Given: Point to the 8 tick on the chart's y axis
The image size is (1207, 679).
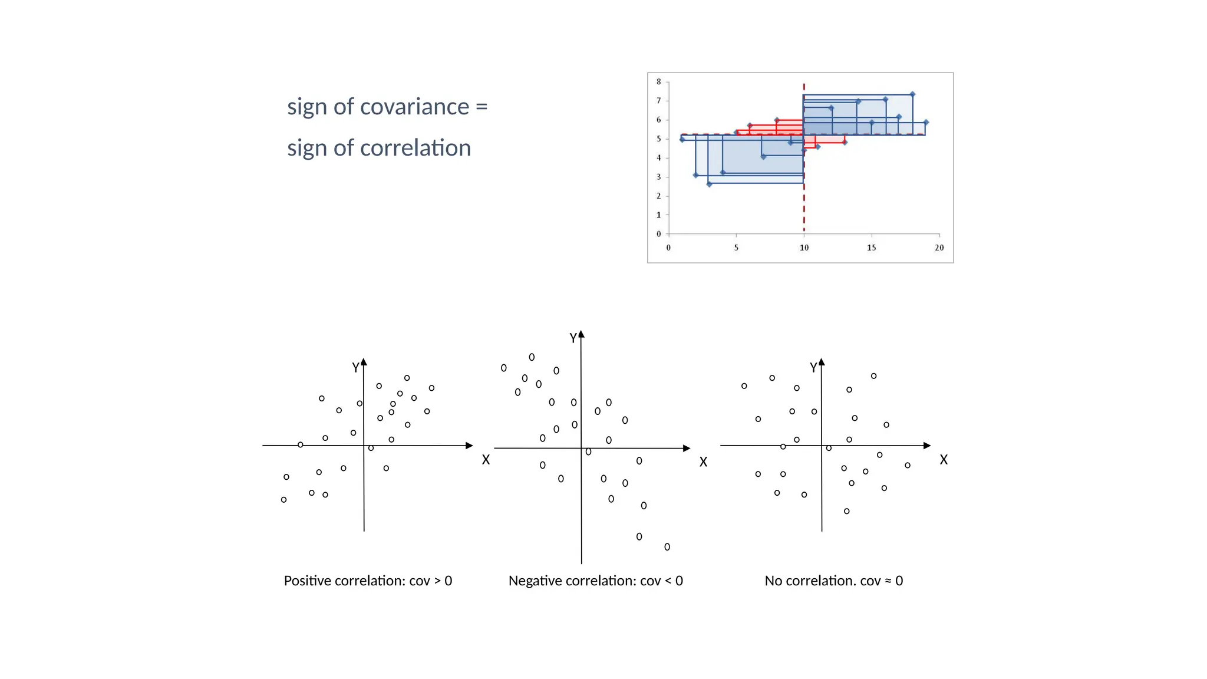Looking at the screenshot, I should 659,82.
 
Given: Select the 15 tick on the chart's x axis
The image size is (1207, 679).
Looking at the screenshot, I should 871,248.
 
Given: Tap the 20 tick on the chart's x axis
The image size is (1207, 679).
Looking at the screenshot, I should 939,248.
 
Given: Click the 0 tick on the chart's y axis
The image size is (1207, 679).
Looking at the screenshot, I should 659,234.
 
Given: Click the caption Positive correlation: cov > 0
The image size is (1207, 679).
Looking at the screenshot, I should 368,581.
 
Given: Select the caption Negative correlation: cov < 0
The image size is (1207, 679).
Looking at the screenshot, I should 595,581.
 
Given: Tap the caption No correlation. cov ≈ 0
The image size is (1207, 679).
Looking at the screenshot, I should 833,581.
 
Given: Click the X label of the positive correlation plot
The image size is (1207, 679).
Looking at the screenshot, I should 486,460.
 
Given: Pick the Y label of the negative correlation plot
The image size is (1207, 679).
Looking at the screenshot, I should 573,338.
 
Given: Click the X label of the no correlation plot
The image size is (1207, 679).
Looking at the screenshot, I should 944,460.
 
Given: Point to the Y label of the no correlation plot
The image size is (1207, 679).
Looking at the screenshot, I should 813,368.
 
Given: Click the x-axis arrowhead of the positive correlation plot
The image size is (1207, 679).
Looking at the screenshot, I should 469,446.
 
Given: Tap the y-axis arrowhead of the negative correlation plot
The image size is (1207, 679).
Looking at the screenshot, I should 581,334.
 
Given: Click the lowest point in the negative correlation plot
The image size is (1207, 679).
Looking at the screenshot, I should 667,547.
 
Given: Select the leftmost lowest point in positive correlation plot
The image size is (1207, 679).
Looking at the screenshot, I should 283,500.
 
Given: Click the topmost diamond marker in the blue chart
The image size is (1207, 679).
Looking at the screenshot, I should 912,94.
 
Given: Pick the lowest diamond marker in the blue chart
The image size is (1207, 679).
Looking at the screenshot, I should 709,184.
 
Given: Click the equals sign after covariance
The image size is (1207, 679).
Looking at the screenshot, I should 482,107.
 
